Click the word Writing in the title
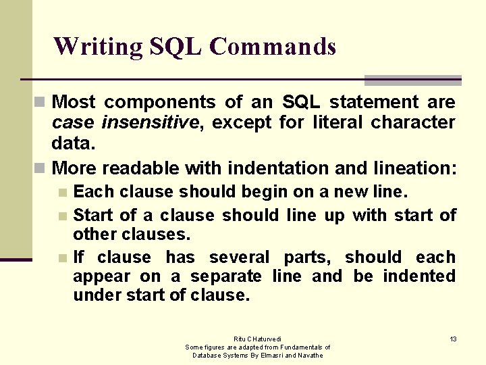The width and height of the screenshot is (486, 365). click(97, 47)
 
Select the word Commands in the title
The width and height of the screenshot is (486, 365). click(273, 47)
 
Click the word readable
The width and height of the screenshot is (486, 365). click(140, 167)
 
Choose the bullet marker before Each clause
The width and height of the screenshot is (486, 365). click(63, 193)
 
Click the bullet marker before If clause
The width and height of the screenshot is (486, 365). click(63, 258)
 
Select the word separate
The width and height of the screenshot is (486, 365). click(226, 276)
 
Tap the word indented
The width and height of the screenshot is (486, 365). click(419, 276)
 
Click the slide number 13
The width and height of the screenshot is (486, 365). click(453, 339)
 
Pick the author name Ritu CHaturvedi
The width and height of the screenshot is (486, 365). click(258, 339)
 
